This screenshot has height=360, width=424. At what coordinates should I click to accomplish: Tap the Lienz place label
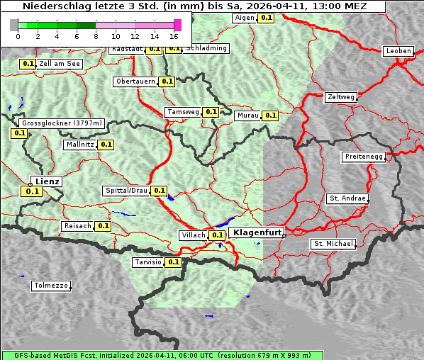click(x=48, y=181)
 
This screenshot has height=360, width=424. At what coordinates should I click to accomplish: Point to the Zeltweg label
click(x=340, y=97)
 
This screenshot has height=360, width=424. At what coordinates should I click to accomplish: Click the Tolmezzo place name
click(x=51, y=286)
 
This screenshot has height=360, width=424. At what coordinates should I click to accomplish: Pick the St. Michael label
click(x=333, y=244)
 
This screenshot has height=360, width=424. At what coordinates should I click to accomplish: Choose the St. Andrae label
click(x=347, y=198)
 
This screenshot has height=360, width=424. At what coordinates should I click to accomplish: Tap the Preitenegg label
click(x=364, y=157)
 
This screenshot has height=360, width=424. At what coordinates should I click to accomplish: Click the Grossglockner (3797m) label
click(x=62, y=123)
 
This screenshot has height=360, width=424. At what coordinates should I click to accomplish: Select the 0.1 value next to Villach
click(x=217, y=235)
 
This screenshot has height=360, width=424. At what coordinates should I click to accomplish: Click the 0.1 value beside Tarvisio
click(x=174, y=262)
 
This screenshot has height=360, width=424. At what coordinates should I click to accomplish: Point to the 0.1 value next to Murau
click(x=269, y=116)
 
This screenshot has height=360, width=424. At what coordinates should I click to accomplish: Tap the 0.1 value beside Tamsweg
click(x=211, y=112)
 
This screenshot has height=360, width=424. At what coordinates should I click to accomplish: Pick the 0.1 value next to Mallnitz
click(x=106, y=145)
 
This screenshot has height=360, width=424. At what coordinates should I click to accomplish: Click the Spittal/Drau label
click(x=125, y=191)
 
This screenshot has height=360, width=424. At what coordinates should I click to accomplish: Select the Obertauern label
click(x=135, y=81)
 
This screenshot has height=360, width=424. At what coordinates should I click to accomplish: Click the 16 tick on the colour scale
click(x=174, y=36)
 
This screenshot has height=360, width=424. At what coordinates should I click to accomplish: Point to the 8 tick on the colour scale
click(x=96, y=36)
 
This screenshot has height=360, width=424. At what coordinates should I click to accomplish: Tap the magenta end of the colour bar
click(x=177, y=25)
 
